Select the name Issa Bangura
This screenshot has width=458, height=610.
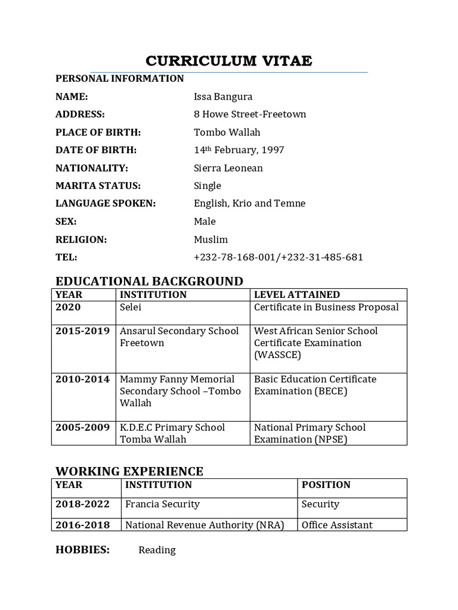click(x=223, y=97)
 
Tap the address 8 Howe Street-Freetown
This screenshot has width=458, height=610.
click(x=250, y=114)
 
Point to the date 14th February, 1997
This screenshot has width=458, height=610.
click(x=239, y=150)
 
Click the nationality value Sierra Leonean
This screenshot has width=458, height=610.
click(x=228, y=168)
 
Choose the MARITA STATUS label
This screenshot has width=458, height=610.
click(x=98, y=186)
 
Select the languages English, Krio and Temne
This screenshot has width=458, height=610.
click(x=249, y=204)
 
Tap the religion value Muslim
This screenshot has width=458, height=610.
click(x=211, y=239)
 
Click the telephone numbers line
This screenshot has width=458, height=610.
click(x=278, y=257)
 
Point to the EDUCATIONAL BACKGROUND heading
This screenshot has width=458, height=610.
click(x=149, y=281)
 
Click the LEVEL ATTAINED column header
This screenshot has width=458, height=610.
click(x=297, y=294)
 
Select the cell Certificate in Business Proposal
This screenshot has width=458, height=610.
click(x=326, y=307)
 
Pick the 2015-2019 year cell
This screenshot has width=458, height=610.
click(x=82, y=331)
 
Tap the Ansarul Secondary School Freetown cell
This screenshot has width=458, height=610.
click(x=179, y=337)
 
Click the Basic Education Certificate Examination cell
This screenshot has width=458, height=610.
click(x=315, y=385)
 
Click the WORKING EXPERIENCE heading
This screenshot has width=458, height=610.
click(x=129, y=471)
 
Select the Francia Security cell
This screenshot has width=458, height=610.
click(x=162, y=504)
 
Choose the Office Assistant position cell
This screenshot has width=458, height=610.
click(x=337, y=525)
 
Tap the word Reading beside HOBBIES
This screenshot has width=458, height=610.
click(x=157, y=550)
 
